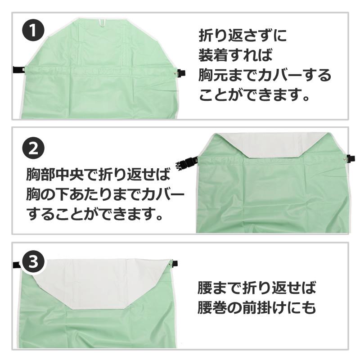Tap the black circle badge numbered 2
[33, 149]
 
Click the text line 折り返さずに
[243, 36]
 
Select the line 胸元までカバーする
[265, 75]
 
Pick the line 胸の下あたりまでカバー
[105, 194]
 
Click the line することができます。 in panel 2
[94, 214]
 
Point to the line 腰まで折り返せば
[257, 287]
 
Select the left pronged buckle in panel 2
[185, 162]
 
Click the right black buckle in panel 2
[351, 158]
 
